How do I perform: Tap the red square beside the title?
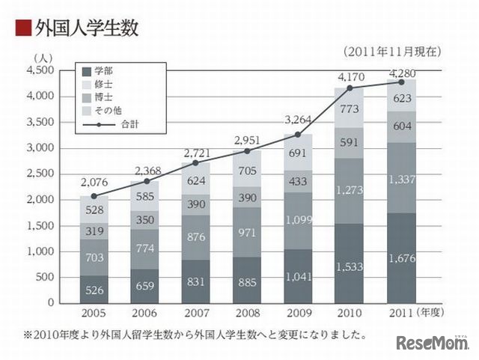click(x=22, y=28)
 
